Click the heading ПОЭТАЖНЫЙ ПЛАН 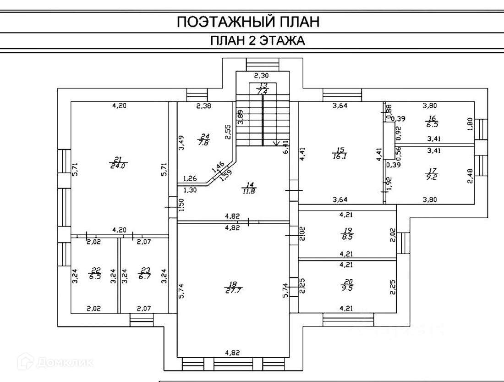coord(248,22)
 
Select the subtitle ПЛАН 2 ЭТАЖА coord(257,41)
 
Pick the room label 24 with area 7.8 coord(204,139)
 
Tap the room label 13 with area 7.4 coord(263,89)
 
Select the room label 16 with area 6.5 coord(430,121)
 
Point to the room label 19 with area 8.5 coord(346,234)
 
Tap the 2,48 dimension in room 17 coord(469,176)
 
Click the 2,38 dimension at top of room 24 coord(203,106)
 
